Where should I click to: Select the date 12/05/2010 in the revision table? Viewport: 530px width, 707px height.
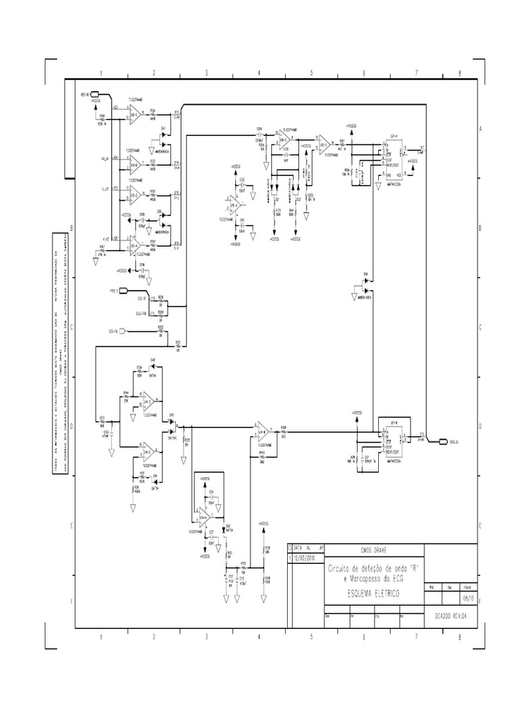(x=304, y=559)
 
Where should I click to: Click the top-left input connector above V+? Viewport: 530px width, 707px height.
(x=95, y=94)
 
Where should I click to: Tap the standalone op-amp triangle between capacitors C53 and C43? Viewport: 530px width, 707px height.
(x=237, y=206)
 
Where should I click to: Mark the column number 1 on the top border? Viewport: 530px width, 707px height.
(x=101, y=72)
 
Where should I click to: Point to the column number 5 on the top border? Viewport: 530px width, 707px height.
(x=311, y=72)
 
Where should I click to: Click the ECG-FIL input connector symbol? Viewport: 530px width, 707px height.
(x=121, y=332)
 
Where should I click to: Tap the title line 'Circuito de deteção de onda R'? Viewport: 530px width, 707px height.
(x=373, y=567)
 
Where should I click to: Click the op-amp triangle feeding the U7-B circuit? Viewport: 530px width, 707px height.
(x=263, y=432)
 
